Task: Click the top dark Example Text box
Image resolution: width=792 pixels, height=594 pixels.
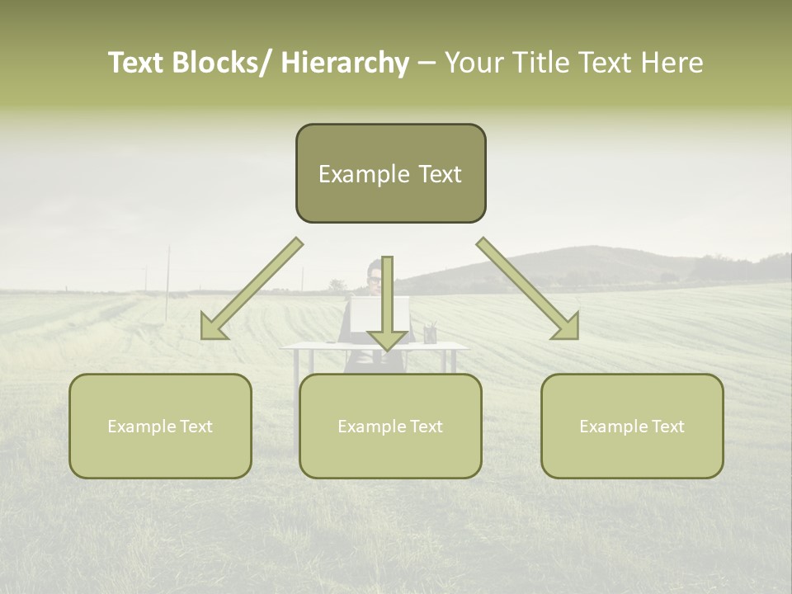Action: (390, 173)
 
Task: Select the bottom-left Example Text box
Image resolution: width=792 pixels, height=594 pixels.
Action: (160, 426)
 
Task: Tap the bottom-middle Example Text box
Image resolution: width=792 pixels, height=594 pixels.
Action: (390, 426)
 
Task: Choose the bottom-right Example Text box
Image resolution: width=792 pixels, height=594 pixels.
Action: (632, 426)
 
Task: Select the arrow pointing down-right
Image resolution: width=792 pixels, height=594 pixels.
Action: (528, 289)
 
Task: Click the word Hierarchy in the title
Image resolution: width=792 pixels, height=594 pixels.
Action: (345, 63)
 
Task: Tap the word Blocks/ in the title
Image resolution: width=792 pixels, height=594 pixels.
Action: (222, 63)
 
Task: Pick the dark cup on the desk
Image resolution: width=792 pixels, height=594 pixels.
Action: (430, 334)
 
